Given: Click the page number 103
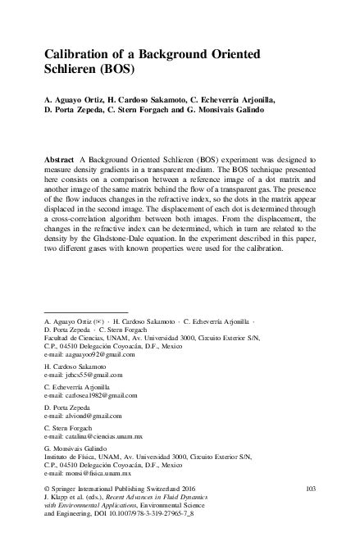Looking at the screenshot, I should click(310, 489).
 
